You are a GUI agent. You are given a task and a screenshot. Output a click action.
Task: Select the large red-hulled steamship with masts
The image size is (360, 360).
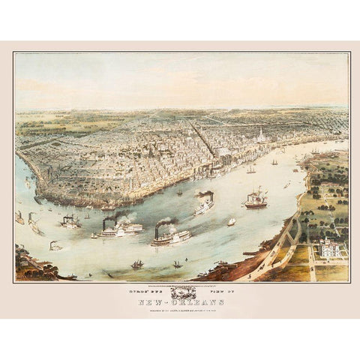pos(256,200)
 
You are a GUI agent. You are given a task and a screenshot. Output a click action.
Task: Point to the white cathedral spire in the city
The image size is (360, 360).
pos(259,136)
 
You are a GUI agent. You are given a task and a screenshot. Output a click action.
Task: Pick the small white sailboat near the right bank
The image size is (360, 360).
pos(231,222)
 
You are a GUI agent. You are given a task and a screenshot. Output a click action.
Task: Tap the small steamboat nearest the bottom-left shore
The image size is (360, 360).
pos(55,245)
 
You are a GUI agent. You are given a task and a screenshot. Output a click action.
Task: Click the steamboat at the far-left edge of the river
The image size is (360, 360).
pos(19,218)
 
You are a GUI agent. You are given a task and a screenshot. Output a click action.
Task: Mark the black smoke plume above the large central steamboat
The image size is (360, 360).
pos(164,223)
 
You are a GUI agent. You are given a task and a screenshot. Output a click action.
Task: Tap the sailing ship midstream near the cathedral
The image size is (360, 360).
pos(250,170)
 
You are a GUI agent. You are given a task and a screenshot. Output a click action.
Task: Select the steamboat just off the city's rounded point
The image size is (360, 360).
pos(70,221)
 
